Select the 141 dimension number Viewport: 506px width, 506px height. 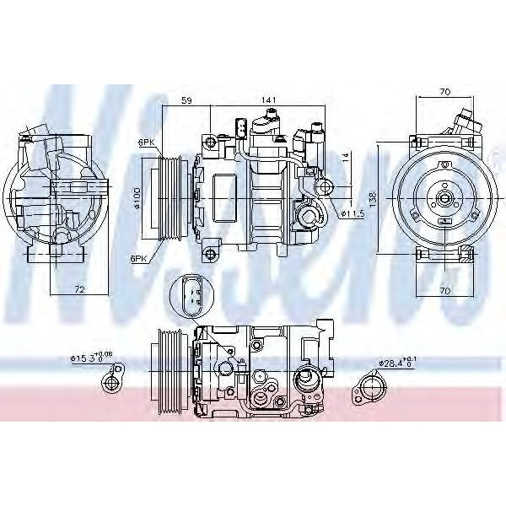click(268, 100)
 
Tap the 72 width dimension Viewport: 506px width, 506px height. click(78, 289)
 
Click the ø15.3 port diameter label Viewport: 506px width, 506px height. click(88, 358)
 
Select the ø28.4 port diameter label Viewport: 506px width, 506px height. click(396, 363)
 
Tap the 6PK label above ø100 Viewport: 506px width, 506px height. click(148, 143)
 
